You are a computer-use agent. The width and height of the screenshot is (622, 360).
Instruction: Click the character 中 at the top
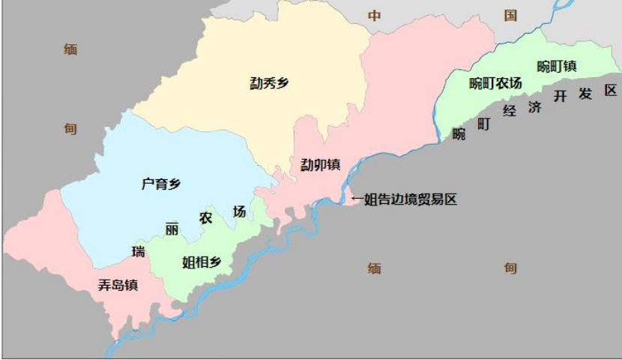[x=374, y=16]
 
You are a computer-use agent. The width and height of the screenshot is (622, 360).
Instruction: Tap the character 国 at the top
[x=510, y=15]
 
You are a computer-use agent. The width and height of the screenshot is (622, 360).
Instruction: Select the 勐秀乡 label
[x=270, y=83]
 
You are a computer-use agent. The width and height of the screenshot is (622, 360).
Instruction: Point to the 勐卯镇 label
[x=321, y=164]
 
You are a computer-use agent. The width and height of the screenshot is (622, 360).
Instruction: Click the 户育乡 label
[x=161, y=183]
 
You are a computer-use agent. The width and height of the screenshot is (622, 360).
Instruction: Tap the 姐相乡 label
[x=202, y=262]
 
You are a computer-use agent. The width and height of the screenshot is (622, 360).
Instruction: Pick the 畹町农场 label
[x=495, y=83]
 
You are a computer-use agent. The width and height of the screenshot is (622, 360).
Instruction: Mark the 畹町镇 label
[x=557, y=66]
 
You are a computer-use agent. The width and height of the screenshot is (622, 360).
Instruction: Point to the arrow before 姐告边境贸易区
[x=357, y=199]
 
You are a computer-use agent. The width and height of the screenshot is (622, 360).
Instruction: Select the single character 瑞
[x=138, y=251]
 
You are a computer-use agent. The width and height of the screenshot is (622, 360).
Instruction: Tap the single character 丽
[x=172, y=230]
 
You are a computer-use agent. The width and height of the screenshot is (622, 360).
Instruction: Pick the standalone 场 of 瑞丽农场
[x=239, y=211]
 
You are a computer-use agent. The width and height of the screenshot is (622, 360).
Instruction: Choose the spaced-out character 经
[x=510, y=112]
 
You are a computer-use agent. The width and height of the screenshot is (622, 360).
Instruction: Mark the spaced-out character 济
[x=534, y=106]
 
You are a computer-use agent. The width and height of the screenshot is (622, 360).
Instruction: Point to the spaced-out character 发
[x=585, y=93]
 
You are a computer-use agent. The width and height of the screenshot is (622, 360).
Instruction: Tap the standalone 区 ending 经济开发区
[x=611, y=90]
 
